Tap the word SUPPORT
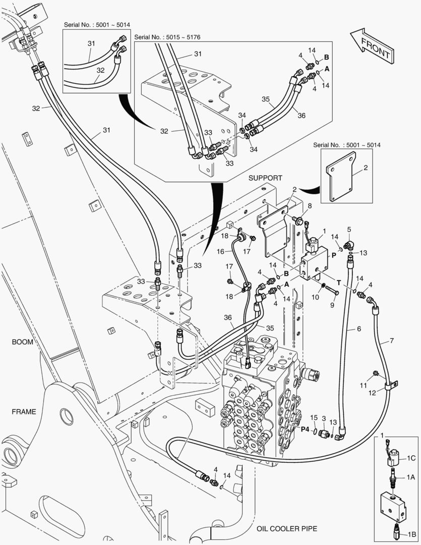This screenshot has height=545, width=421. (x=265, y=178)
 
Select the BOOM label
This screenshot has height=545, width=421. (x=23, y=342)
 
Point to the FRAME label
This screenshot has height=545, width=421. (x=24, y=411)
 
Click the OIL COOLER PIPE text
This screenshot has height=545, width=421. (x=287, y=528)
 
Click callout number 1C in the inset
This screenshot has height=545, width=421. (x=411, y=458)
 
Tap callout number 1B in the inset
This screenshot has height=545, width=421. (x=411, y=533)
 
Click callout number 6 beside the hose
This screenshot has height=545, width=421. (x=359, y=329)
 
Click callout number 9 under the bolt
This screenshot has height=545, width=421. (x=332, y=305)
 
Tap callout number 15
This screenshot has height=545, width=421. (x=313, y=418)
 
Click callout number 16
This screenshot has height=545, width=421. (x=220, y=251)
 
